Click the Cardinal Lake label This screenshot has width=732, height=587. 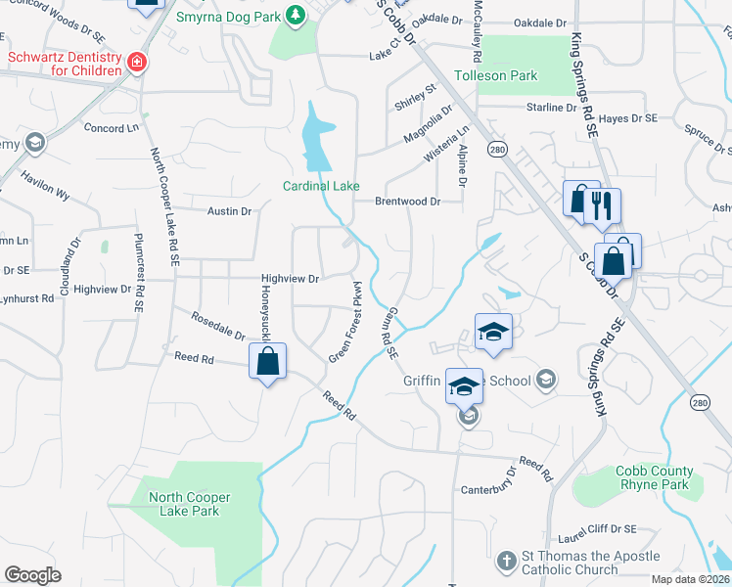[321, 186]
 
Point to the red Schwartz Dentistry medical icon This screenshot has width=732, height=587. [137, 64]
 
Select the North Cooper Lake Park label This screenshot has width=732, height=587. [184, 504]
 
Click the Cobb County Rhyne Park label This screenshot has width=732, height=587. [655, 477]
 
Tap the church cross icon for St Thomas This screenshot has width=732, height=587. [506, 562]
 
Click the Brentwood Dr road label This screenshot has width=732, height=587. [408, 202]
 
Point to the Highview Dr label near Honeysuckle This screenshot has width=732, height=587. [290, 279]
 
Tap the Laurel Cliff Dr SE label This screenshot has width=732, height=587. [596, 529]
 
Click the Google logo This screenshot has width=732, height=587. [32, 574]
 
